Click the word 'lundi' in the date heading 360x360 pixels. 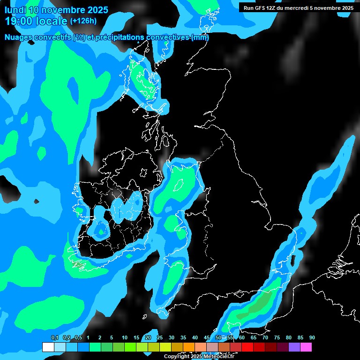pyautogui.click(x=16, y=10)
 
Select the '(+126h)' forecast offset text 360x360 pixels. pyautogui.click(x=84, y=21)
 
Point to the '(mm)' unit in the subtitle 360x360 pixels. pyautogui.click(x=200, y=37)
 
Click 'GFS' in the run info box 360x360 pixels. pyautogui.click(x=262, y=8)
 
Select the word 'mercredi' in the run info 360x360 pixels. pyautogui.click(x=307, y=8)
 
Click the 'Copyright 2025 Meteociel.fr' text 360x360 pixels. pyautogui.click(x=199, y=356)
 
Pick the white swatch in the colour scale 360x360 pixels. pyautogui.click(x=48, y=347)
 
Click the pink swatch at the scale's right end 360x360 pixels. pyautogui.click(x=306, y=347)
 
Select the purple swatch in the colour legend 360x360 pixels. pyautogui.click(x=294, y=347)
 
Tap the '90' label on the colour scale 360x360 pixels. pyautogui.click(x=312, y=338)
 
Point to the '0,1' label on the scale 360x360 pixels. pyautogui.click(x=54, y=338)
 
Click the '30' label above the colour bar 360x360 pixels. pyautogui.click(x=172, y=338)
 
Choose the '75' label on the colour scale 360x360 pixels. pyautogui.click(x=277, y=338)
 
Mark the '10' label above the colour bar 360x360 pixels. pyautogui.click(x=125, y=338)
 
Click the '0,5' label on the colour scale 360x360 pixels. pyautogui.click(x=78, y=338)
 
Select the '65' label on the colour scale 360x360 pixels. pyautogui.click(x=254, y=338)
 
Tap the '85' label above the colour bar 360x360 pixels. pyautogui.click(x=300, y=338)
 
